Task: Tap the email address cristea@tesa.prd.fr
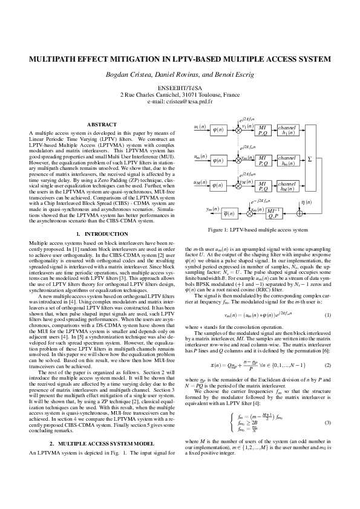tap(180, 102)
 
